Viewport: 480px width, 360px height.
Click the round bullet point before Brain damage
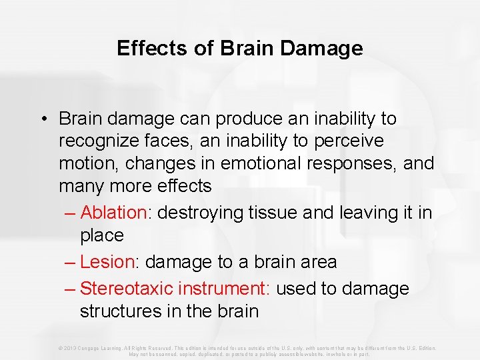coord(43,119)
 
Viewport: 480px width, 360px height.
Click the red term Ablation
coord(113,213)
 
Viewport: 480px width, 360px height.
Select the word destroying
coord(203,213)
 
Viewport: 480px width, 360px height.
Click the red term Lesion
coord(107,262)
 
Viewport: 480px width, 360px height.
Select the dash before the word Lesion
coord(71,262)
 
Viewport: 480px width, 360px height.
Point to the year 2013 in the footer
coord(71,348)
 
